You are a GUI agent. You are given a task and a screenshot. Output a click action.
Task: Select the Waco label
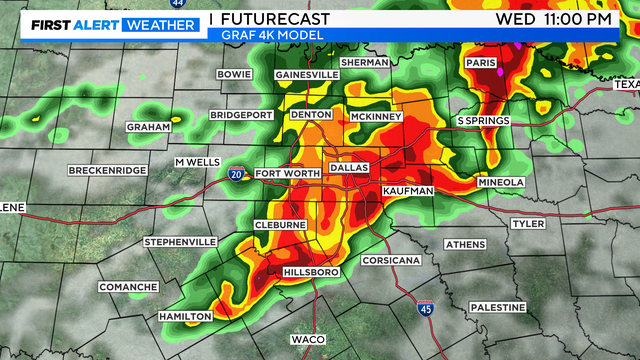click(x=307, y=340)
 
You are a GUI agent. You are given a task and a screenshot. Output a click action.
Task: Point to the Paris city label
click(x=481, y=63)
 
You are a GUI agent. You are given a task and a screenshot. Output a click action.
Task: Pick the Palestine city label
click(x=497, y=307)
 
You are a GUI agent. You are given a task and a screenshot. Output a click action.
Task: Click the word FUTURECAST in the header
click(x=277, y=19)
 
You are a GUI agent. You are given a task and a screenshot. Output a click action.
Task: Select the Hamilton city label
click(x=185, y=316)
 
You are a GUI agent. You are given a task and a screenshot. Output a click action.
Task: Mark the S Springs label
click(x=483, y=121)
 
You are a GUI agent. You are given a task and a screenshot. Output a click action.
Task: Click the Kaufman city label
click(x=408, y=190)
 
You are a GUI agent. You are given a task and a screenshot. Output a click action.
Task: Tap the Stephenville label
click(x=180, y=242)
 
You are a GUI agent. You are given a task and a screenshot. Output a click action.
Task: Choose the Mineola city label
click(x=500, y=183)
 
